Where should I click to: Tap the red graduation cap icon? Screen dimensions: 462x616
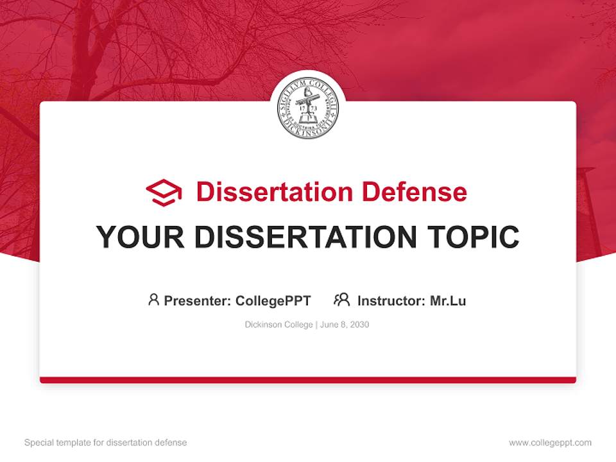164,193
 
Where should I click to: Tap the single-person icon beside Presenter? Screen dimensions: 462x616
153,300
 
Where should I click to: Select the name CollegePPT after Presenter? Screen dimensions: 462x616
273,300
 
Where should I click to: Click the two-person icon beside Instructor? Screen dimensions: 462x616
342,300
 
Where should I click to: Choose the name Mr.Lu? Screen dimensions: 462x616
448,300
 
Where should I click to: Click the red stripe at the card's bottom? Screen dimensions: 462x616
308,380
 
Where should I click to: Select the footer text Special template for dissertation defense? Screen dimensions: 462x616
106,443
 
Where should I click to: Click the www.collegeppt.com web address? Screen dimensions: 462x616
550,443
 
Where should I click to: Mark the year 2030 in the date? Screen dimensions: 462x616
359,325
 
